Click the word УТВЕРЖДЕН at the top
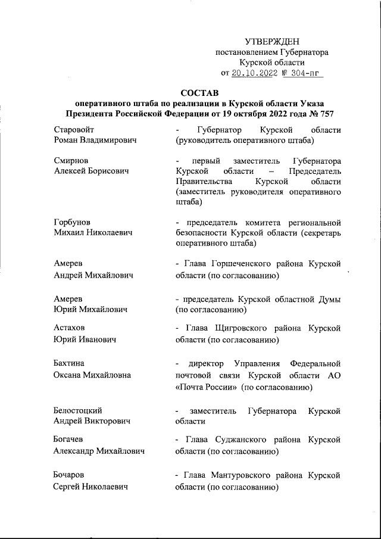pyautogui.click(x=272, y=42)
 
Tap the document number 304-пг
pyautogui.click(x=307, y=73)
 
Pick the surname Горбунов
pyautogui.click(x=73, y=223)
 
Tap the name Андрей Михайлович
pyautogui.click(x=93, y=275)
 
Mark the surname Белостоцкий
pyautogui.click(x=78, y=411)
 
